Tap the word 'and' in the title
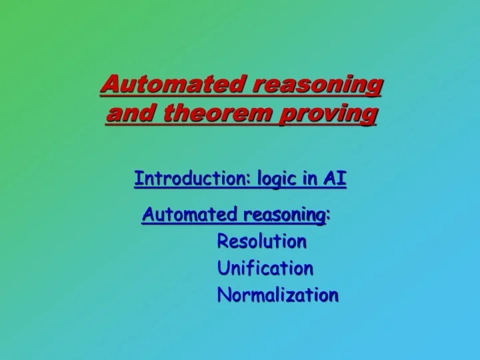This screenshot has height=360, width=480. coord(125,115)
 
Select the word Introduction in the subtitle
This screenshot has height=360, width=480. coord(187,179)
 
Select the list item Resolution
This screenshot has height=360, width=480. coord(262,241)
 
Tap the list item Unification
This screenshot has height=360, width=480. coord(265,268)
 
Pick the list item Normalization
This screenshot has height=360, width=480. coord(277,294)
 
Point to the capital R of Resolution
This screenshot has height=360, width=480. coord(223,241)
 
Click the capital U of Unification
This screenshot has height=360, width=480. coord(223,268)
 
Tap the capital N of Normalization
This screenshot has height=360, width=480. coord(224,294)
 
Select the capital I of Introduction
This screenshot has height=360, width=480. coord(137,179)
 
